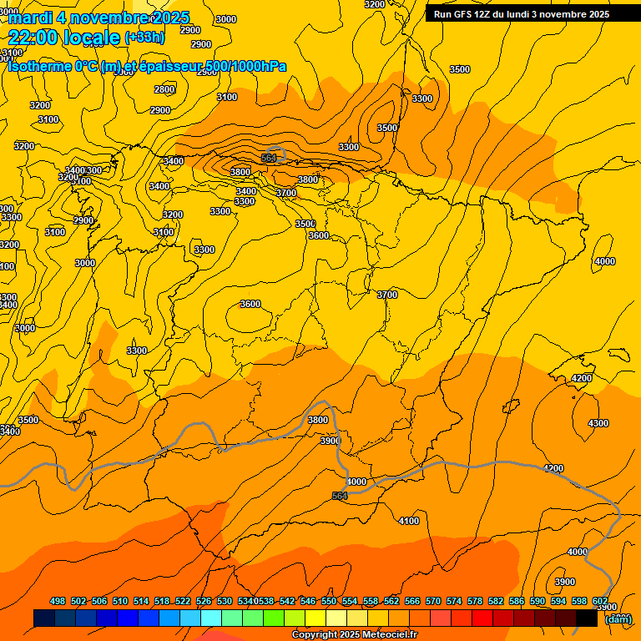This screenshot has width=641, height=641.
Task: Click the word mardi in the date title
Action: click(30, 18)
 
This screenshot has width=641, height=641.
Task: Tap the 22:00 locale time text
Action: click(64, 38)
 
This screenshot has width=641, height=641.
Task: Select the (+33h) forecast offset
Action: click(144, 38)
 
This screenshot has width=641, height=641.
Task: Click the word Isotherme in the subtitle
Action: click(39, 66)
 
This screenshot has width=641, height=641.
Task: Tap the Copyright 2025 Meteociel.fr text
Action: click(354, 635)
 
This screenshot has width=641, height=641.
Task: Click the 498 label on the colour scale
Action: click(58, 601)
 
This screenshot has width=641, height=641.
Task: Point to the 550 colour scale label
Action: click(329, 601)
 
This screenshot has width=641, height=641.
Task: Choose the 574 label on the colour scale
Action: click(454, 601)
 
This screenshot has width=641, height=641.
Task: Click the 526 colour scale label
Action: click(204, 601)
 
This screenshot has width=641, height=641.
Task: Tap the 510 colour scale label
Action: click(120, 601)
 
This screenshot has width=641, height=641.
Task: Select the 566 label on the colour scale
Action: click(412, 601)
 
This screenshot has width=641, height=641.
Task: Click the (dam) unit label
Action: click(618, 619)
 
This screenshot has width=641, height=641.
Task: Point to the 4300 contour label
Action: click(598, 423)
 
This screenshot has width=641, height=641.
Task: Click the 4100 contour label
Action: click(409, 521)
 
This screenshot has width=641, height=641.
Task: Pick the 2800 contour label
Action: click(164, 89)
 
